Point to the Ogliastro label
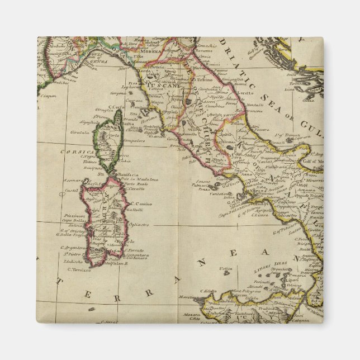tap(140, 224)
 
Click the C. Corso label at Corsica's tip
tap(116, 107)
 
